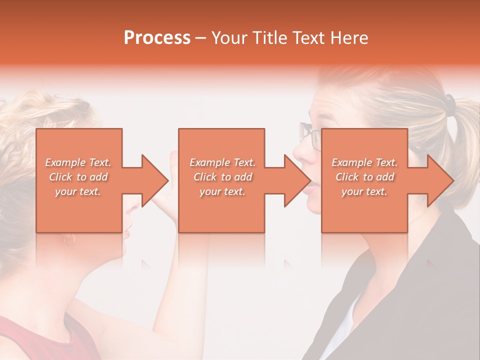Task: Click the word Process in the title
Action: click(x=157, y=38)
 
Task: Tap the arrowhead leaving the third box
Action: click(x=439, y=180)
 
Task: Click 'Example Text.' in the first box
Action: click(x=78, y=162)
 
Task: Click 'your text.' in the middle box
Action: click(x=222, y=191)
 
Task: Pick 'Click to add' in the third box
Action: click(x=364, y=177)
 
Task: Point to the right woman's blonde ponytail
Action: click(x=462, y=145)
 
